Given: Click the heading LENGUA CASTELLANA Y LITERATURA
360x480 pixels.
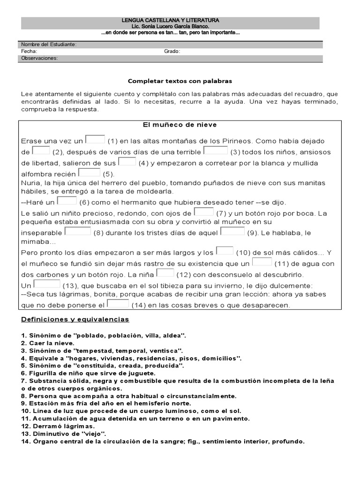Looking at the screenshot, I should [170, 21].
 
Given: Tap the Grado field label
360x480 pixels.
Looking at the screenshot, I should [172, 52].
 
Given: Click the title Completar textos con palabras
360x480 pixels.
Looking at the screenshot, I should [180, 81].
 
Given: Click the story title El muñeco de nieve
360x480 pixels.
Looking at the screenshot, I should [180, 125].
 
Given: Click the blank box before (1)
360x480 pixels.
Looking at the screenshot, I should [95, 139].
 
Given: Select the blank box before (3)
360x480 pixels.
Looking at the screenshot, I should [216, 150].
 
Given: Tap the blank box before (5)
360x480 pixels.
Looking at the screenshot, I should [89, 172].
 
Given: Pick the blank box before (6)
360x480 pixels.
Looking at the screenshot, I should [67, 201].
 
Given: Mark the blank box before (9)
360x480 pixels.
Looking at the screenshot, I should [232, 231].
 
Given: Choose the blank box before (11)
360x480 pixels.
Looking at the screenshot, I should [262, 262].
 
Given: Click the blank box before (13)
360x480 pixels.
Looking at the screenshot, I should [47, 284].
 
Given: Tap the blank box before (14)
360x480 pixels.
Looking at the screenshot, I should [118, 304].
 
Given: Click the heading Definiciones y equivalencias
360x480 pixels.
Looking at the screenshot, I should [75, 320].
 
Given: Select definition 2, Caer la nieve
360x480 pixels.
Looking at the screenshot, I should [48, 343].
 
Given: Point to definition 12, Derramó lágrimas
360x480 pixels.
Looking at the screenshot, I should [58, 426].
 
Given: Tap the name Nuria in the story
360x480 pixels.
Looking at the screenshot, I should [31, 183].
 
